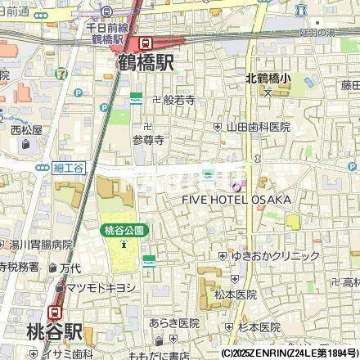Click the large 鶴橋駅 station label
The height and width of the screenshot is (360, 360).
click(x=146, y=62)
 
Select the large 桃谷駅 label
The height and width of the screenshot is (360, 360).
click(x=43, y=332)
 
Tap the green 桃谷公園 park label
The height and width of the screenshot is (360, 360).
click(x=124, y=231)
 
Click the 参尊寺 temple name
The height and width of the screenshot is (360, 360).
click(x=148, y=140)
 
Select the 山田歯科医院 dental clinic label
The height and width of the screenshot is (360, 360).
click(x=258, y=127)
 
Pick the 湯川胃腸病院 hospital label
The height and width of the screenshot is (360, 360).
click(x=40, y=245)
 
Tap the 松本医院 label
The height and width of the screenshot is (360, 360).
click(x=235, y=294)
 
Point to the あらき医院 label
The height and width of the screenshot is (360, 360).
click(x=174, y=322)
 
